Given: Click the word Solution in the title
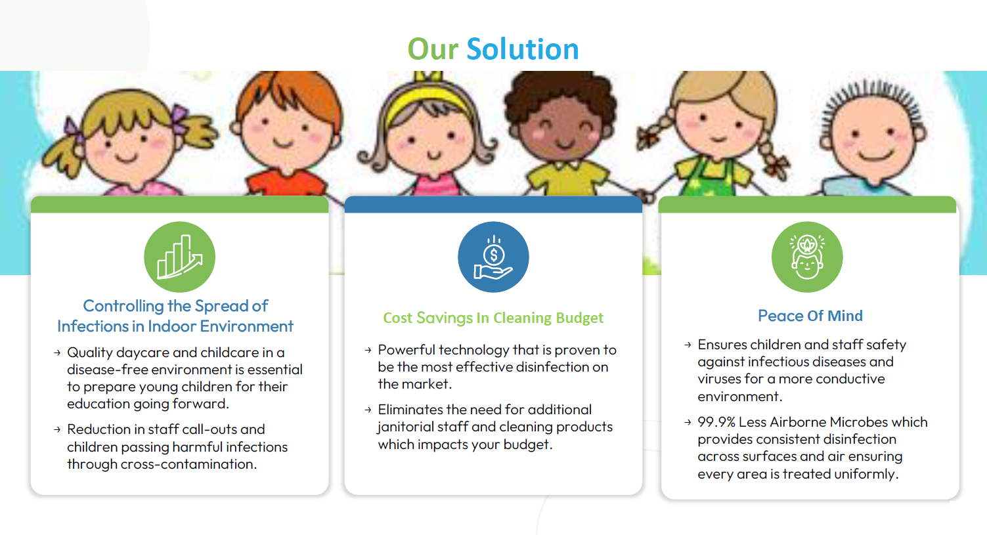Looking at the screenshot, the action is click(523, 49).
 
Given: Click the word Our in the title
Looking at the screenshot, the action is click(433, 49).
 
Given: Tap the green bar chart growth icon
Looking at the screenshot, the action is click(180, 257).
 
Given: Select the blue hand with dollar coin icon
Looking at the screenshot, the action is click(494, 257).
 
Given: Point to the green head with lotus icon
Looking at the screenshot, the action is click(807, 257).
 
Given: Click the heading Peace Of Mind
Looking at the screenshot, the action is click(810, 316).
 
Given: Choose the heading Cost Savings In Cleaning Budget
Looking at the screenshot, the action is click(493, 318).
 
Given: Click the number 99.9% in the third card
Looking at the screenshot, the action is click(716, 422).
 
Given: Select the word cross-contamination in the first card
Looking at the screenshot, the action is click(188, 464).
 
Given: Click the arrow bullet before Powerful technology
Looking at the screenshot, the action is click(368, 350).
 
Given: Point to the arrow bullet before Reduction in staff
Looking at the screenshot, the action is click(57, 429).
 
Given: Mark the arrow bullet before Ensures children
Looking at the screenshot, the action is click(688, 345).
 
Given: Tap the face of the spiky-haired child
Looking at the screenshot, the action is click(873, 141).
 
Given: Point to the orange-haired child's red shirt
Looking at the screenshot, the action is click(286, 182).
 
